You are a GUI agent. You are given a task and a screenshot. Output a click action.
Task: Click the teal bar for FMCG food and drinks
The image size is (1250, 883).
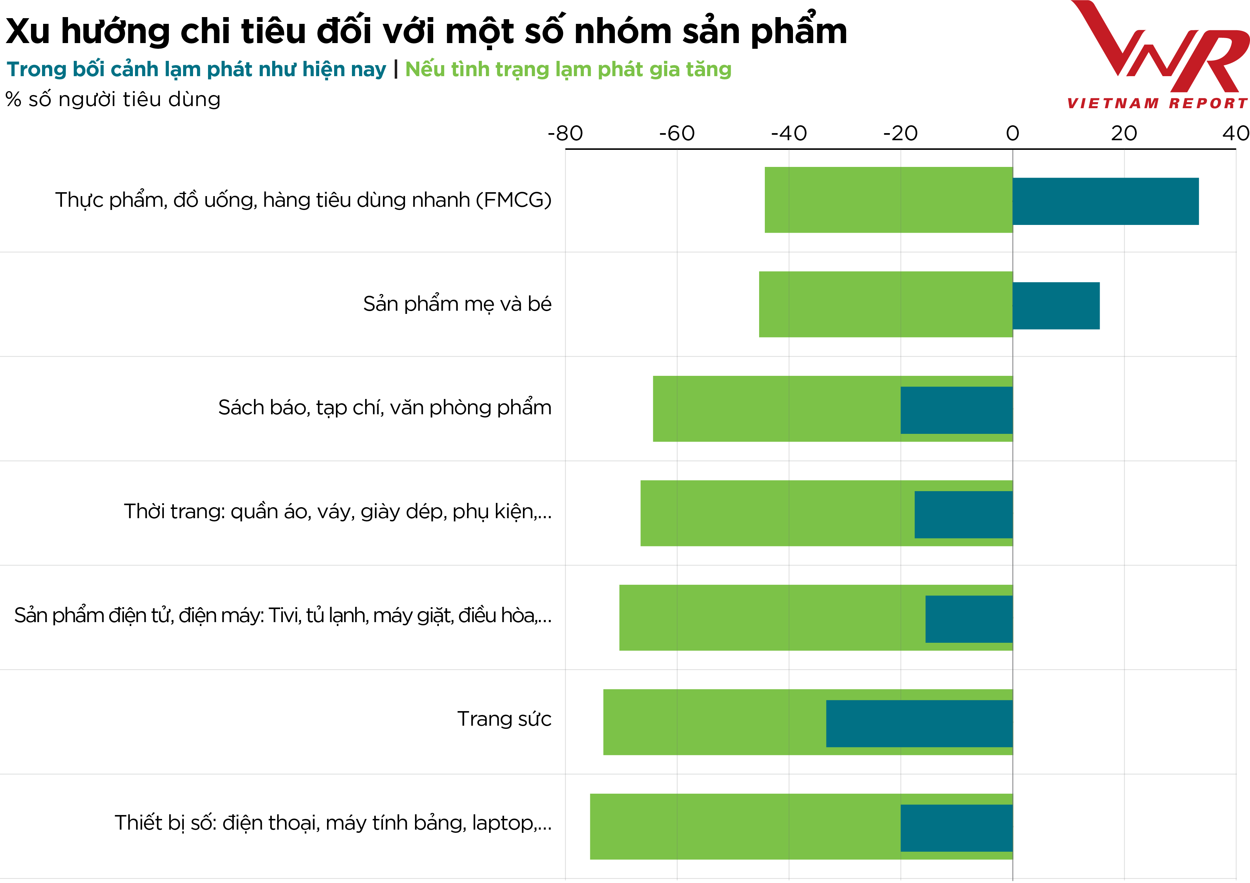pyautogui.click(x=1105, y=201)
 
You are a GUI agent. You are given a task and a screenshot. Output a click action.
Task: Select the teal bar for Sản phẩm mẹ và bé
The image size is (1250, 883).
pyautogui.click(x=1056, y=306)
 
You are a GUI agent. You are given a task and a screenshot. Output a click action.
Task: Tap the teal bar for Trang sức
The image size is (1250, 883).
pyautogui.click(x=919, y=724)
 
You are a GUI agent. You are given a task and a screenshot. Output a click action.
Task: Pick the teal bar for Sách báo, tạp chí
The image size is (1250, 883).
pyautogui.click(x=956, y=410)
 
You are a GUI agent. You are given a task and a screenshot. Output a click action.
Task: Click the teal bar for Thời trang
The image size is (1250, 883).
pyautogui.click(x=963, y=515)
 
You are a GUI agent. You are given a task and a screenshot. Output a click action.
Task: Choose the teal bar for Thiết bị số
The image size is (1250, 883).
pyautogui.click(x=956, y=828)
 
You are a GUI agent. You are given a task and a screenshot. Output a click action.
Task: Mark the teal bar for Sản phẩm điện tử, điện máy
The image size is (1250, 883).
pyautogui.click(x=969, y=619)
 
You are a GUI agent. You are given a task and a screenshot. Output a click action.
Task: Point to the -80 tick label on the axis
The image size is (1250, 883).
pyautogui.click(x=565, y=133)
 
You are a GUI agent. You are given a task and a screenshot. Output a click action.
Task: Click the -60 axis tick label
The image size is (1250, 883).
pyautogui.click(x=677, y=133)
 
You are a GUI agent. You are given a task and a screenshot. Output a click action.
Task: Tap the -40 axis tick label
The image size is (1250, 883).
pyautogui.click(x=789, y=133)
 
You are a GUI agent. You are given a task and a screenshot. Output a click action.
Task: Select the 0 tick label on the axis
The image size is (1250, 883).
pyautogui.click(x=1012, y=133)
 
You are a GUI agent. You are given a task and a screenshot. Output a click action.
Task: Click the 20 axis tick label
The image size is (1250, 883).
pyautogui.click(x=1124, y=133)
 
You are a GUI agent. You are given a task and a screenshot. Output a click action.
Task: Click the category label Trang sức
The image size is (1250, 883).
pyautogui.click(x=504, y=719)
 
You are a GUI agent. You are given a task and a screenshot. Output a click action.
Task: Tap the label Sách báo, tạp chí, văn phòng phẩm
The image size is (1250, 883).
pyautogui.click(x=384, y=408)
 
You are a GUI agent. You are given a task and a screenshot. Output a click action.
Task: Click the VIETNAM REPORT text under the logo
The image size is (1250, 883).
pyautogui.click(x=1157, y=103)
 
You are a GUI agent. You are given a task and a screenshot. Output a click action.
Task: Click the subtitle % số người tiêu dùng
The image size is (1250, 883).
pyautogui.click(x=113, y=100)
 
